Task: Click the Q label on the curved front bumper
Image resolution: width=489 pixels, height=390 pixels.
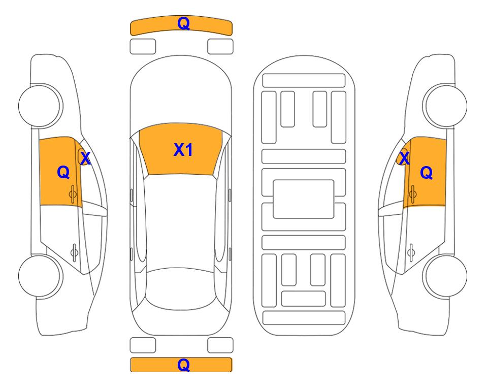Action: click(183, 23)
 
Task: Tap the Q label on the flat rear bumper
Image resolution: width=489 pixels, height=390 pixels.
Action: click(183, 365)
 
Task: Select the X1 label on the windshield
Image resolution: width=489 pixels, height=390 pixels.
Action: click(183, 150)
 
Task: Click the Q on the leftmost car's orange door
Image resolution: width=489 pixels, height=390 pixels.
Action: click(63, 172)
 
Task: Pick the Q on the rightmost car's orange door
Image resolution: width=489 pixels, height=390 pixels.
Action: click(427, 173)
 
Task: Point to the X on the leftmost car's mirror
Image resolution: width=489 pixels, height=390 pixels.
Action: click(85, 158)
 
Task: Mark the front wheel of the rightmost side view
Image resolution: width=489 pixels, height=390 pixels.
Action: click(446, 106)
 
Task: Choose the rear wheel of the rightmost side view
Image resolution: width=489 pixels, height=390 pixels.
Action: click(446, 276)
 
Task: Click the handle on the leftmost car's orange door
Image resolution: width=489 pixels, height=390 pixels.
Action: click(73, 194)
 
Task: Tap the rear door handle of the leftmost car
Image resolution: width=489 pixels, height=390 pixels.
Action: click(74, 252)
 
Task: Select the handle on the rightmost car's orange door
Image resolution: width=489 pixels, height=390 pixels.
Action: click(412, 194)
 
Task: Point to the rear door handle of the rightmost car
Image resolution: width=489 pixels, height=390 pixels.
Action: click(411, 252)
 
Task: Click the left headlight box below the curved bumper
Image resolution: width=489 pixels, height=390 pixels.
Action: click(143, 47)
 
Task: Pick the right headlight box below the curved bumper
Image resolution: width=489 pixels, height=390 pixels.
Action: click(220, 47)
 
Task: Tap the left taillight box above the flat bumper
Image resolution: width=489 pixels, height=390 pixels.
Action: click(143, 345)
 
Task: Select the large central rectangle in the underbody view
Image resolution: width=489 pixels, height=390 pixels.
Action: click(304, 199)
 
